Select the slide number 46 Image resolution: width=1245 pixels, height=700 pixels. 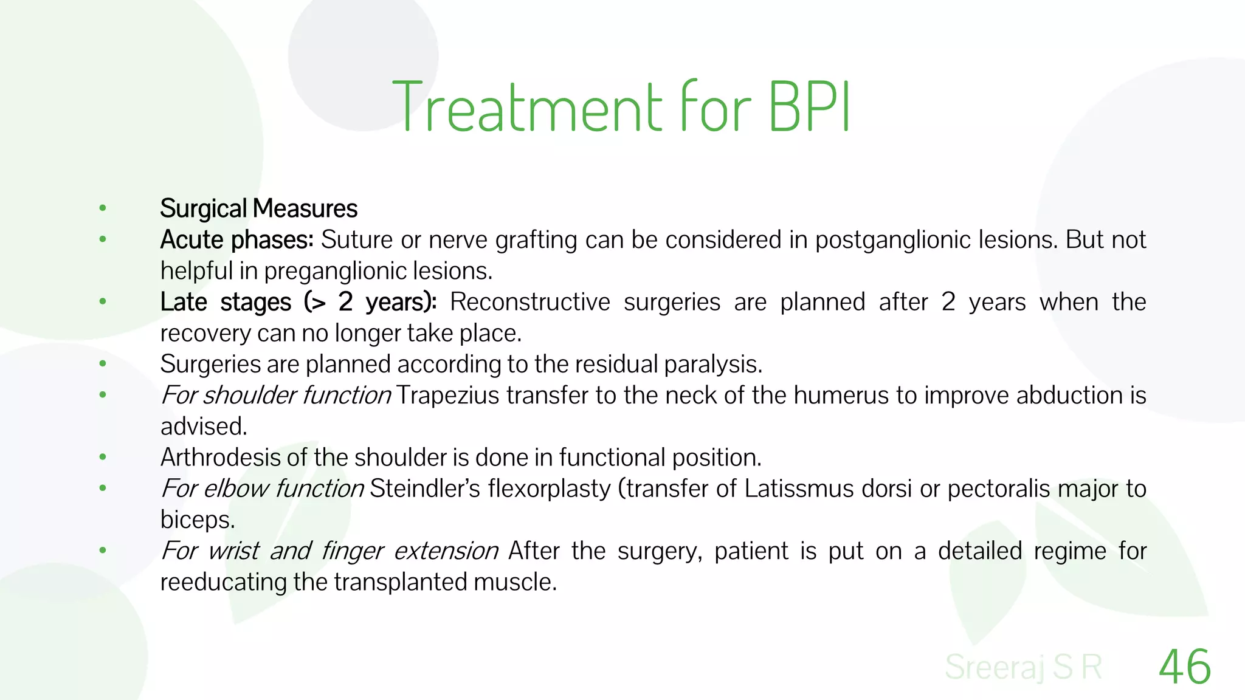click(x=1185, y=667)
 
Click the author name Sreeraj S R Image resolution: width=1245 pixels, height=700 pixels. click(x=1024, y=667)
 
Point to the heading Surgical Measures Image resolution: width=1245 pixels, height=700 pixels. click(x=258, y=208)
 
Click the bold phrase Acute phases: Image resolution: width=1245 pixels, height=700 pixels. click(x=236, y=240)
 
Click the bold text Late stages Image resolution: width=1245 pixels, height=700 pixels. click(x=226, y=302)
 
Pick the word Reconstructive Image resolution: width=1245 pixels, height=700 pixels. click(x=529, y=302)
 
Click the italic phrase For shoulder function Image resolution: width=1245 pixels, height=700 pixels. click(x=275, y=396)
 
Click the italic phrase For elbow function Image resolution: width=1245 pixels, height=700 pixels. click(x=262, y=489)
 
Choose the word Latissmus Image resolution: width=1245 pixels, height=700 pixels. click(x=795, y=489)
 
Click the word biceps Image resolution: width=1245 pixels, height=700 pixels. click(x=196, y=520)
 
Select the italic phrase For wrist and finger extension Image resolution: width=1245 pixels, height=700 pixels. click(x=329, y=551)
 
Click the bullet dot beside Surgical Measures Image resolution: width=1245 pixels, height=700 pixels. click(x=103, y=208)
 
